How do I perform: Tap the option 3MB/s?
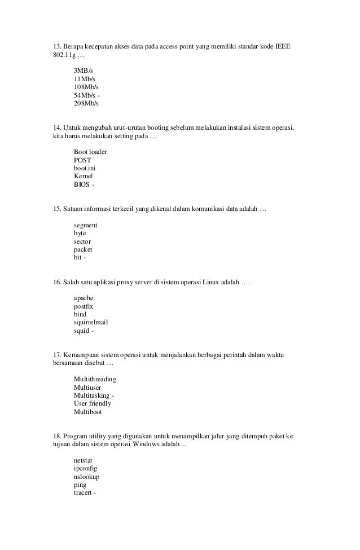(84, 71)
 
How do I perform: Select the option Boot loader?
(90, 152)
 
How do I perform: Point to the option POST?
(82, 160)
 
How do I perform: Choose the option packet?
(83, 249)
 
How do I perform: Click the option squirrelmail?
(90, 322)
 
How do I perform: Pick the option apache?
(84, 297)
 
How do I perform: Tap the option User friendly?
(92, 403)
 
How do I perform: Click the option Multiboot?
(88, 412)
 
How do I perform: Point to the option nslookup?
(86, 476)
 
